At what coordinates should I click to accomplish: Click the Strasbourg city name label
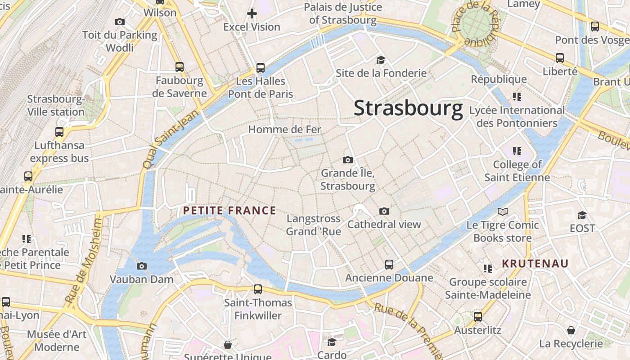click(408, 108)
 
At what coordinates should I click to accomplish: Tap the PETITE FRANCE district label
click(229, 211)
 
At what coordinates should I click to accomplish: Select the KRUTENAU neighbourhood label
click(535, 264)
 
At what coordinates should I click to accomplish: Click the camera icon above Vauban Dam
click(142, 266)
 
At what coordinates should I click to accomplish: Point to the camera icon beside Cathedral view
click(384, 211)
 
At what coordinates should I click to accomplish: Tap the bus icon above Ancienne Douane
click(389, 265)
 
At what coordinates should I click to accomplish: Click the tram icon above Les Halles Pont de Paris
click(260, 68)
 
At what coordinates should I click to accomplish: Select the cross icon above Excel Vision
click(252, 13)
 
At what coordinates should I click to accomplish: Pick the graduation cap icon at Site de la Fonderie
click(381, 60)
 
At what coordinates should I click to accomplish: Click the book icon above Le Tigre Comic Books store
click(503, 211)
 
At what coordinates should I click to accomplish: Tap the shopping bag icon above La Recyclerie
click(571, 331)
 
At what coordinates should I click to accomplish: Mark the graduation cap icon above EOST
click(582, 215)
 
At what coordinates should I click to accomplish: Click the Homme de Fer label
click(284, 130)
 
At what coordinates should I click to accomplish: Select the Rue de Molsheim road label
click(84, 261)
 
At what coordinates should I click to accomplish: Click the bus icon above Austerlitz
click(478, 317)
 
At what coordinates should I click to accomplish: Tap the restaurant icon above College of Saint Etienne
click(517, 151)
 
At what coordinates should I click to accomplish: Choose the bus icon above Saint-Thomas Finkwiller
click(258, 289)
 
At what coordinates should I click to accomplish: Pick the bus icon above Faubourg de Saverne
click(180, 67)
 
